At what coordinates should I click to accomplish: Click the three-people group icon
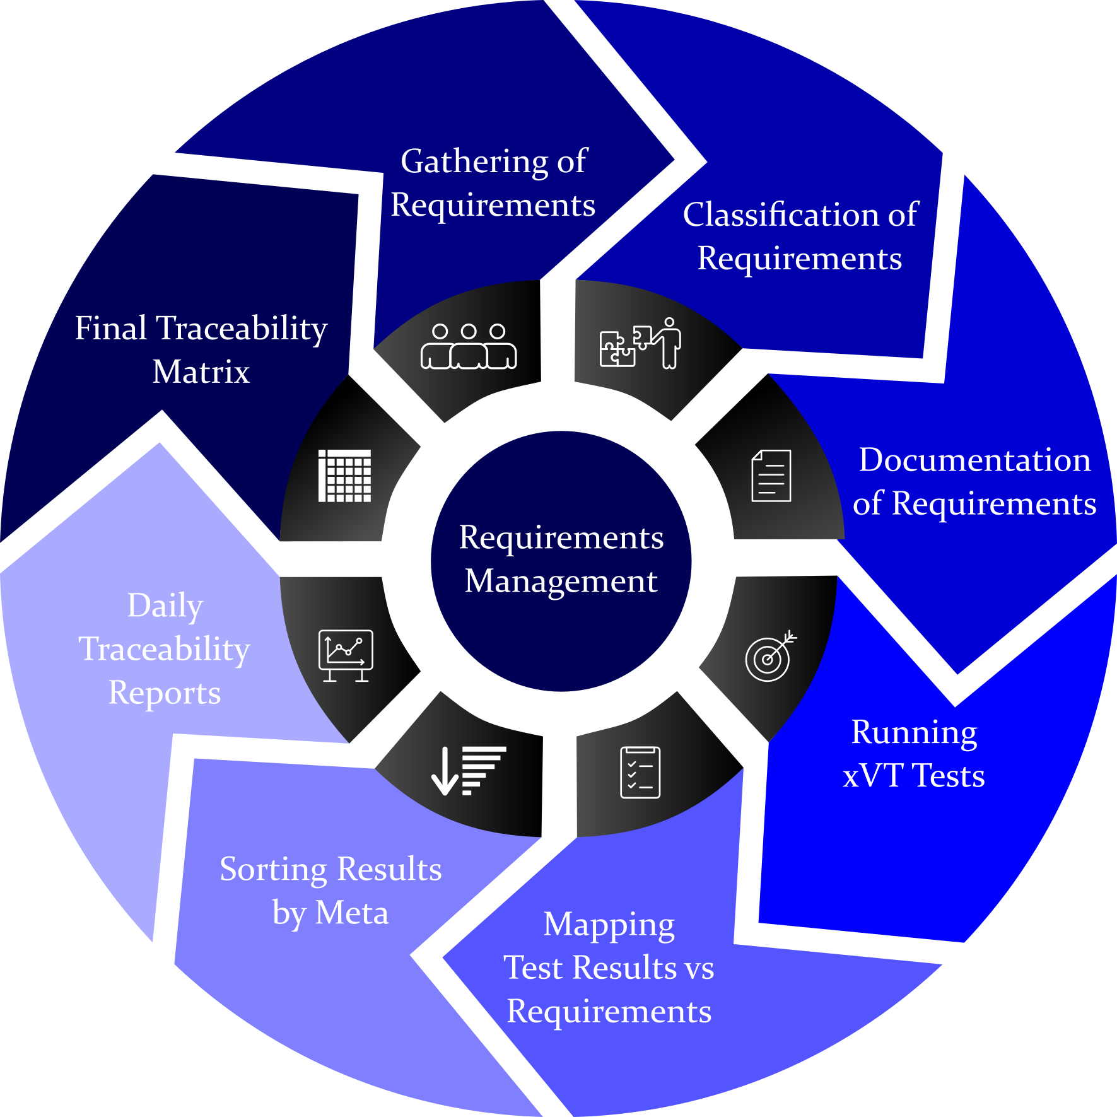[x=469, y=346]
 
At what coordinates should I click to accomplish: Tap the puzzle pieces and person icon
[x=640, y=344]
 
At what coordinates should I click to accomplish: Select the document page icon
[x=771, y=476]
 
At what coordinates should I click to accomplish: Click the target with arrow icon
[x=770, y=657]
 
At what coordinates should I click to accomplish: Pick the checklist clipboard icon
[x=640, y=772]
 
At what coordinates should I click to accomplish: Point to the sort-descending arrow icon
[x=469, y=771]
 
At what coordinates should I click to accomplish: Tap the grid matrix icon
[x=344, y=476]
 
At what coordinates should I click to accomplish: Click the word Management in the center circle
[x=561, y=581]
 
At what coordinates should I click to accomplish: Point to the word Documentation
[x=974, y=460]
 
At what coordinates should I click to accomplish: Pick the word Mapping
[x=609, y=925]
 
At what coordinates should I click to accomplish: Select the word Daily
[x=165, y=606]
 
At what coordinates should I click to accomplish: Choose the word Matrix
[x=201, y=371]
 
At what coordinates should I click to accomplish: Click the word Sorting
[x=273, y=870]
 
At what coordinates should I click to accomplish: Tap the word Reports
[x=165, y=693]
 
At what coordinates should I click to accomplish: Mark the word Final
[x=111, y=328]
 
